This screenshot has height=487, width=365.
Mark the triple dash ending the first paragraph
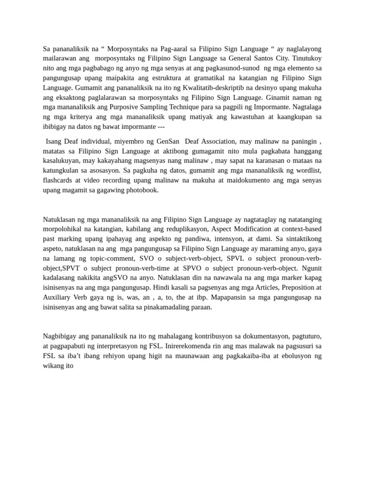click(x=163, y=127)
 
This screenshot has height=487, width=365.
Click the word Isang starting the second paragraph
click(x=55, y=141)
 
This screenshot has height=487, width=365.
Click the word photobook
click(x=142, y=190)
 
